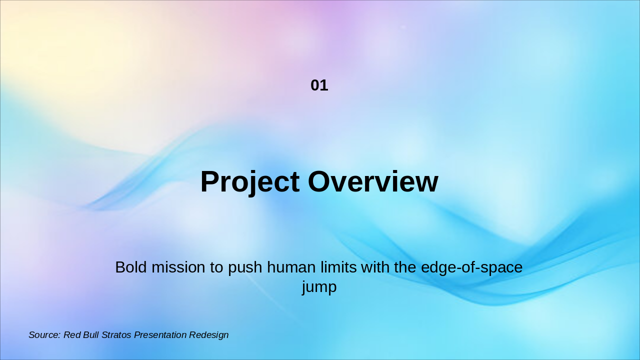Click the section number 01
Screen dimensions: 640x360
pos(319,85)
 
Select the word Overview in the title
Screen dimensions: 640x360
pos(373,181)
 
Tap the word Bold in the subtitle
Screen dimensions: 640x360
pos(131,267)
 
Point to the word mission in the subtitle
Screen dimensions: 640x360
pos(178,267)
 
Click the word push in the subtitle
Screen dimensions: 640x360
pos(245,268)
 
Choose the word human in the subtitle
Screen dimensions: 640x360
pos(291,267)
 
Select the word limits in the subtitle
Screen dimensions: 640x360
pos(338,267)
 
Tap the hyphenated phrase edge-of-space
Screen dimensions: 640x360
pos(471,268)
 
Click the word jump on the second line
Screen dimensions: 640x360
pos(319,287)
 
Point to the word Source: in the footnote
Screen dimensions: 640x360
pos(44,335)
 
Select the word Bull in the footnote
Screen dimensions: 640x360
pos(91,335)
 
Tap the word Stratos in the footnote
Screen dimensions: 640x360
pos(116,335)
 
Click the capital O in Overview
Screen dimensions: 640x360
pos(320,181)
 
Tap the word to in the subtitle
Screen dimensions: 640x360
pos(216,267)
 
